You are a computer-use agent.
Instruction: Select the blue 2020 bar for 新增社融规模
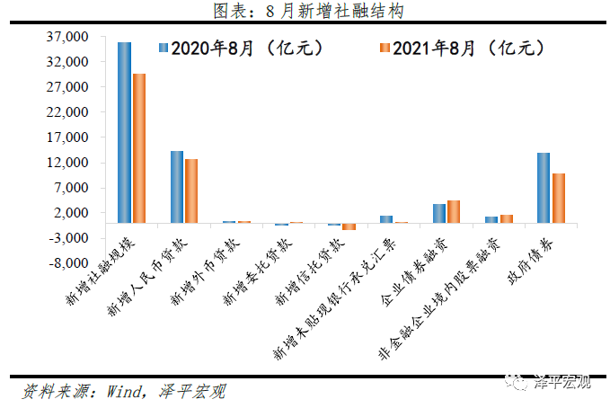coord(125,132)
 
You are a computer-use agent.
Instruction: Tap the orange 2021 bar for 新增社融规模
coord(139,147)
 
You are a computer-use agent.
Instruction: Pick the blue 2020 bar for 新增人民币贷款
coord(177,186)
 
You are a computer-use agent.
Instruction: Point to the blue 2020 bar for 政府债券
coord(544,187)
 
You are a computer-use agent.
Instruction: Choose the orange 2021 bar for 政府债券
coord(559,198)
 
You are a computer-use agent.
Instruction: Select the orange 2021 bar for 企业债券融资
coord(454,211)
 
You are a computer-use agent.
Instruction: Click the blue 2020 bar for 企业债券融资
coord(439,213)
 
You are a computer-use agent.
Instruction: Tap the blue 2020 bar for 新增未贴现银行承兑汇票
coord(386,218)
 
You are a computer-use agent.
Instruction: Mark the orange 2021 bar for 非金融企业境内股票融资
coord(507,218)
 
